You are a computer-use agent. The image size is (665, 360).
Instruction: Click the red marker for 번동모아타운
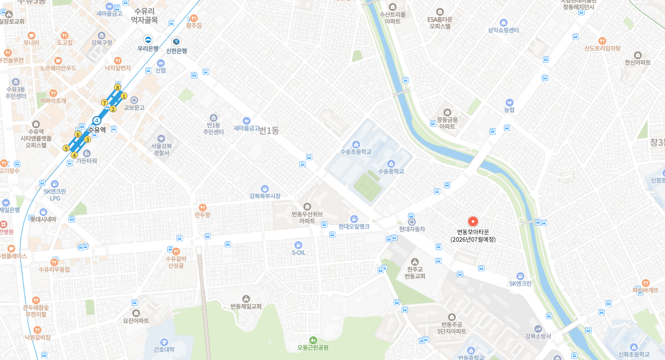click(x=473, y=222)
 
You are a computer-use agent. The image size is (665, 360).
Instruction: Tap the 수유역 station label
click(x=97, y=130)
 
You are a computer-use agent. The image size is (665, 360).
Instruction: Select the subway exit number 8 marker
click(x=117, y=88)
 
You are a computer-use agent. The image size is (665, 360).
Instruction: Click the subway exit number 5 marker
click(x=66, y=148)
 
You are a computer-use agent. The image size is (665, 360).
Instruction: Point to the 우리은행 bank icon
click(x=148, y=39)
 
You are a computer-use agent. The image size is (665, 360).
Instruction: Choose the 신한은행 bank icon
click(x=176, y=41)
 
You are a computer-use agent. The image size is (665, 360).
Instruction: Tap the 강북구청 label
click(x=102, y=43)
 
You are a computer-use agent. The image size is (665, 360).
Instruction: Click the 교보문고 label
click(x=134, y=108)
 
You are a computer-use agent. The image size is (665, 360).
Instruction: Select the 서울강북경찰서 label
click(x=161, y=149)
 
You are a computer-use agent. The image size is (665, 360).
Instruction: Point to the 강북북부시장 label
click(x=265, y=196)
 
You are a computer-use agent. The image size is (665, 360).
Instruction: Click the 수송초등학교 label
click(x=356, y=152)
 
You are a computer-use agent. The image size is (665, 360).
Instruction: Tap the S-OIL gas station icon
click(x=298, y=245)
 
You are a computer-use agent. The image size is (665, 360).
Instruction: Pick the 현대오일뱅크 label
click(x=354, y=226)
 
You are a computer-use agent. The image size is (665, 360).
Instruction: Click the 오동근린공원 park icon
click(x=313, y=340)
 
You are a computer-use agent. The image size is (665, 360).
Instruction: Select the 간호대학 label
click(x=164, y=350)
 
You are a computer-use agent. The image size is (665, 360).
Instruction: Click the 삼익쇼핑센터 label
click(x=503, y=31)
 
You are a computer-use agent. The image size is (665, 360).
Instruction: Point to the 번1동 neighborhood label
click(x=269, y=131)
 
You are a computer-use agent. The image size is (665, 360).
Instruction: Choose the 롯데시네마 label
click(x=43, y=219)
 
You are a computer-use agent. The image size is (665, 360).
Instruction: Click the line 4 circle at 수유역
click(x=97, y=120)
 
